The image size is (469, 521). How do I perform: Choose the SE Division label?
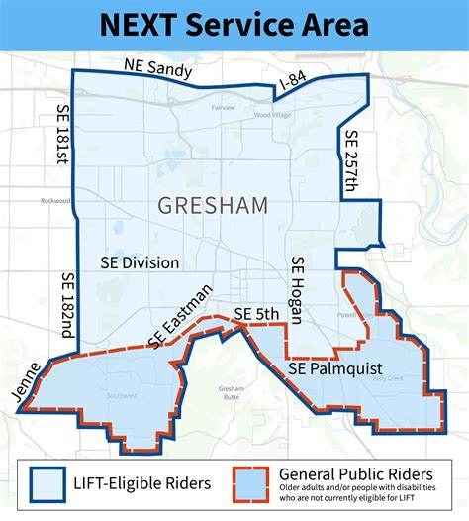coord(140,262)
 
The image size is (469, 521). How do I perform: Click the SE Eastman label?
coord(178,315)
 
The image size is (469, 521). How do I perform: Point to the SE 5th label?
coord(257,315)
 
